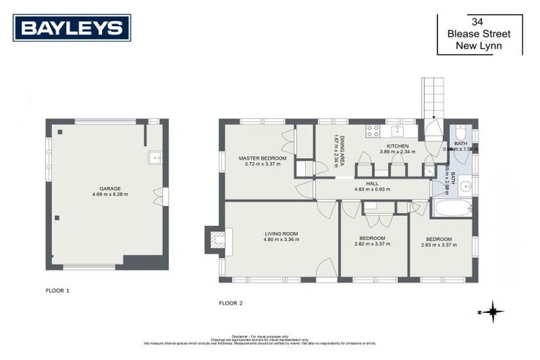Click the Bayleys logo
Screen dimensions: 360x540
[x=72, y=27]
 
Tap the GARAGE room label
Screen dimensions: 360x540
[x=110, y=189]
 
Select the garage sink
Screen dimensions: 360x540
[x=155, y=158]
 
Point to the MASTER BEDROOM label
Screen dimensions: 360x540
[x=262, y=159]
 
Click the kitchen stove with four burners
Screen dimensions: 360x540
[x=372, y=131]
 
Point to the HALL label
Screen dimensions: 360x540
[x=372, y=184]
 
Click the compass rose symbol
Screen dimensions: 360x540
[x=494, y=311]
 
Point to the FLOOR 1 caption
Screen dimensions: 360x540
[x=57, y=290]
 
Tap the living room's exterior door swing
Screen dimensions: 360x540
[x=325, y=269]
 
